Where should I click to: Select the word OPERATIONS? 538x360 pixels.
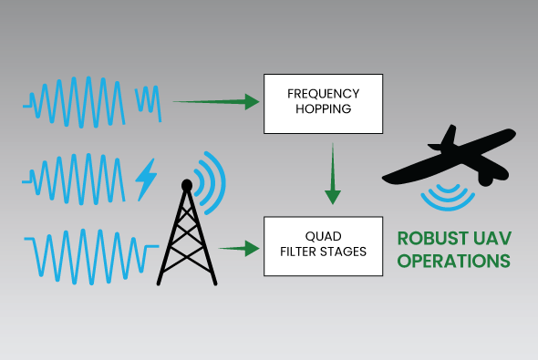pyautogui.click(x=452, y=262)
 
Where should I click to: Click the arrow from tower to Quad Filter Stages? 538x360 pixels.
pyautogui.click(x=235, y=247)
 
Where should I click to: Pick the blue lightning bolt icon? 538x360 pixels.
pyautogui.click(x=145, y=180)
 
